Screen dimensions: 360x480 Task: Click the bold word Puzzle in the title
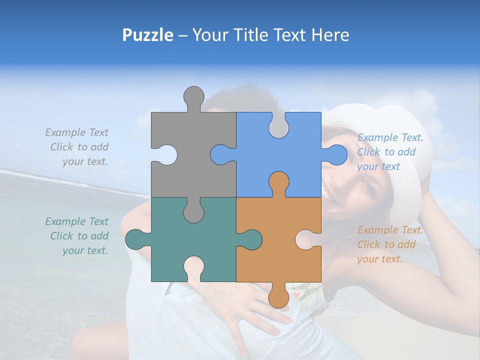[x=147, y=35]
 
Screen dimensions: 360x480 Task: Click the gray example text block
[x=77, y=147]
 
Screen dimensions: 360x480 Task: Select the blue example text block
[x=390, y=152]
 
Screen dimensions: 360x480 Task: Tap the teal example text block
[x=77, y=236]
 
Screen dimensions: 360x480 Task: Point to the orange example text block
[x=390, y=244]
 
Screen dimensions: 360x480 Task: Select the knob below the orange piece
[x=278, y=297]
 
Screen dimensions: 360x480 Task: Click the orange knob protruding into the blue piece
[x=278, y=182]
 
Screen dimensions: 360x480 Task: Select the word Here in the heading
[x=330, y=35]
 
